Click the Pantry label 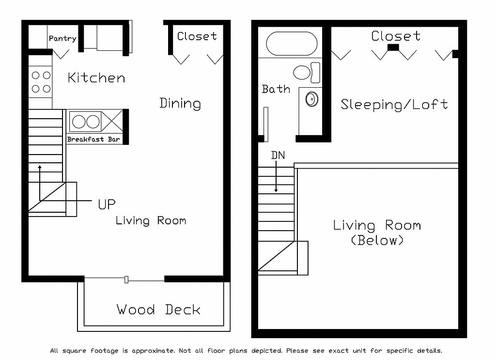click(62, 39)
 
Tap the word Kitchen click(96, 78)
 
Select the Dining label click(180, 103)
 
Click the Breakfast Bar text click(93, 139)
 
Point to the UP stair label click(107, 204)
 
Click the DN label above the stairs click(278, 155)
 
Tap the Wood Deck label click(158, 309)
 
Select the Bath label click(276, 89)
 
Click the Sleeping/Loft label click(394, 105)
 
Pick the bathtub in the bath click(292, 44)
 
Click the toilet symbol click(307, 73)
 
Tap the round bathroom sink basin click(312, 99)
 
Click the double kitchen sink click(85, 122)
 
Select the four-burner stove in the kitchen click(41, 82)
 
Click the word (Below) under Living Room click(377, 240)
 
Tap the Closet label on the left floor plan click(197, 36)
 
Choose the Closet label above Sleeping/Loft click(396, 36)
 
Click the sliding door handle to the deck click(126, 280)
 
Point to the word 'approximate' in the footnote click(153, 351)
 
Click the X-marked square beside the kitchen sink click(112, 122)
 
